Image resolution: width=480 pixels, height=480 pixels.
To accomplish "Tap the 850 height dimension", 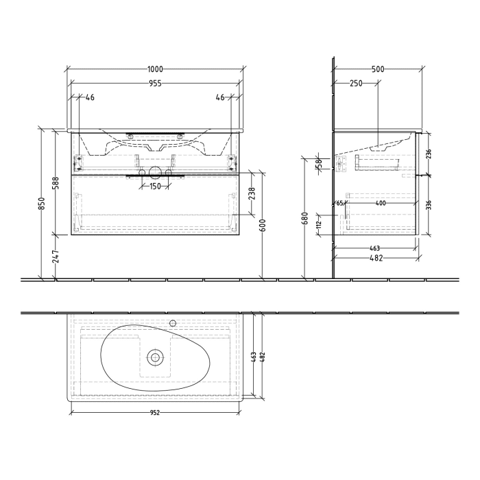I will coord(43,204).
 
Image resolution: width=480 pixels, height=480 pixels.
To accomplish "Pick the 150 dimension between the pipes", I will coord(155,187).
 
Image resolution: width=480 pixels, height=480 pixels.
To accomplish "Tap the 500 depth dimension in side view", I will coord(377,70).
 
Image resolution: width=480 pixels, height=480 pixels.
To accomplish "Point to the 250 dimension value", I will coord(356,84).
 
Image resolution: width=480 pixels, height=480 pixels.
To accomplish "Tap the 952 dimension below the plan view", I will coord(155,413).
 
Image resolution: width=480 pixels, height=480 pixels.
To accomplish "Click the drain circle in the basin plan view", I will coord(156,357).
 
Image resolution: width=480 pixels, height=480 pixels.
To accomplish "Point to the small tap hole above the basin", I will coord(173,322).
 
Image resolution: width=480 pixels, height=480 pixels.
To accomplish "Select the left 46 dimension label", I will coord(89,98).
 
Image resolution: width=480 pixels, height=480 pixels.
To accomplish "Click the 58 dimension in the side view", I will coord(318,164).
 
